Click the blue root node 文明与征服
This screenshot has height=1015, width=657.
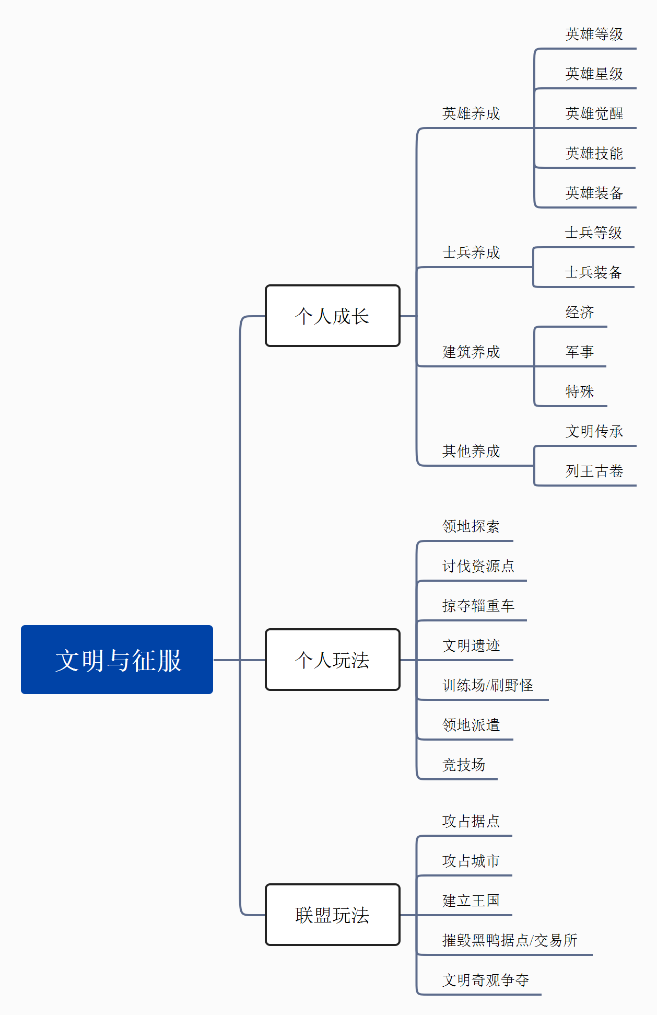tap(117, 660)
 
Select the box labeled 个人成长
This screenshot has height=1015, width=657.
tap(333, 316)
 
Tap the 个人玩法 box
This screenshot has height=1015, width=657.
tap(333, 660)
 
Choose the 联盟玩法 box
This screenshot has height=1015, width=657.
tap(333, 915)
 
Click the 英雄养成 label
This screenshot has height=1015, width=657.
tap(471, 113)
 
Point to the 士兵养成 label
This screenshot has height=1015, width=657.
tap(471, 252)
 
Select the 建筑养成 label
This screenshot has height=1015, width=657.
tap(471, 352)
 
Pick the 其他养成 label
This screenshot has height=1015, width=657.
tap(471, 451)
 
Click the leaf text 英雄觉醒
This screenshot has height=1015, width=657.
tap(594, 113)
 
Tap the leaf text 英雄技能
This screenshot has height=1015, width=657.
tap(594, 153)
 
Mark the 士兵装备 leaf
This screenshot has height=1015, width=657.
tap(593, 272)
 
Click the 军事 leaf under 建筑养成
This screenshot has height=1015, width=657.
tap(580, 352)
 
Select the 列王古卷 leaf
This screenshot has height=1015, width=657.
tap(594, 471)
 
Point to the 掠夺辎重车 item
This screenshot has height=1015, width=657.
tap(478, 606)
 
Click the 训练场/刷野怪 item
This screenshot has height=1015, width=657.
tap(488, 685)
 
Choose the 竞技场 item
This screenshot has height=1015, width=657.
tap(464, 765)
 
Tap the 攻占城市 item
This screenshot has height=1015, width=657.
tap(471, 861)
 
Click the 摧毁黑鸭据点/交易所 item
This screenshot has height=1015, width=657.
tap(510, 940)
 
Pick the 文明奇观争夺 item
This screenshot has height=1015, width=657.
tap(486, 980)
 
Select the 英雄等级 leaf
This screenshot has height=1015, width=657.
tap(594, 34)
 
